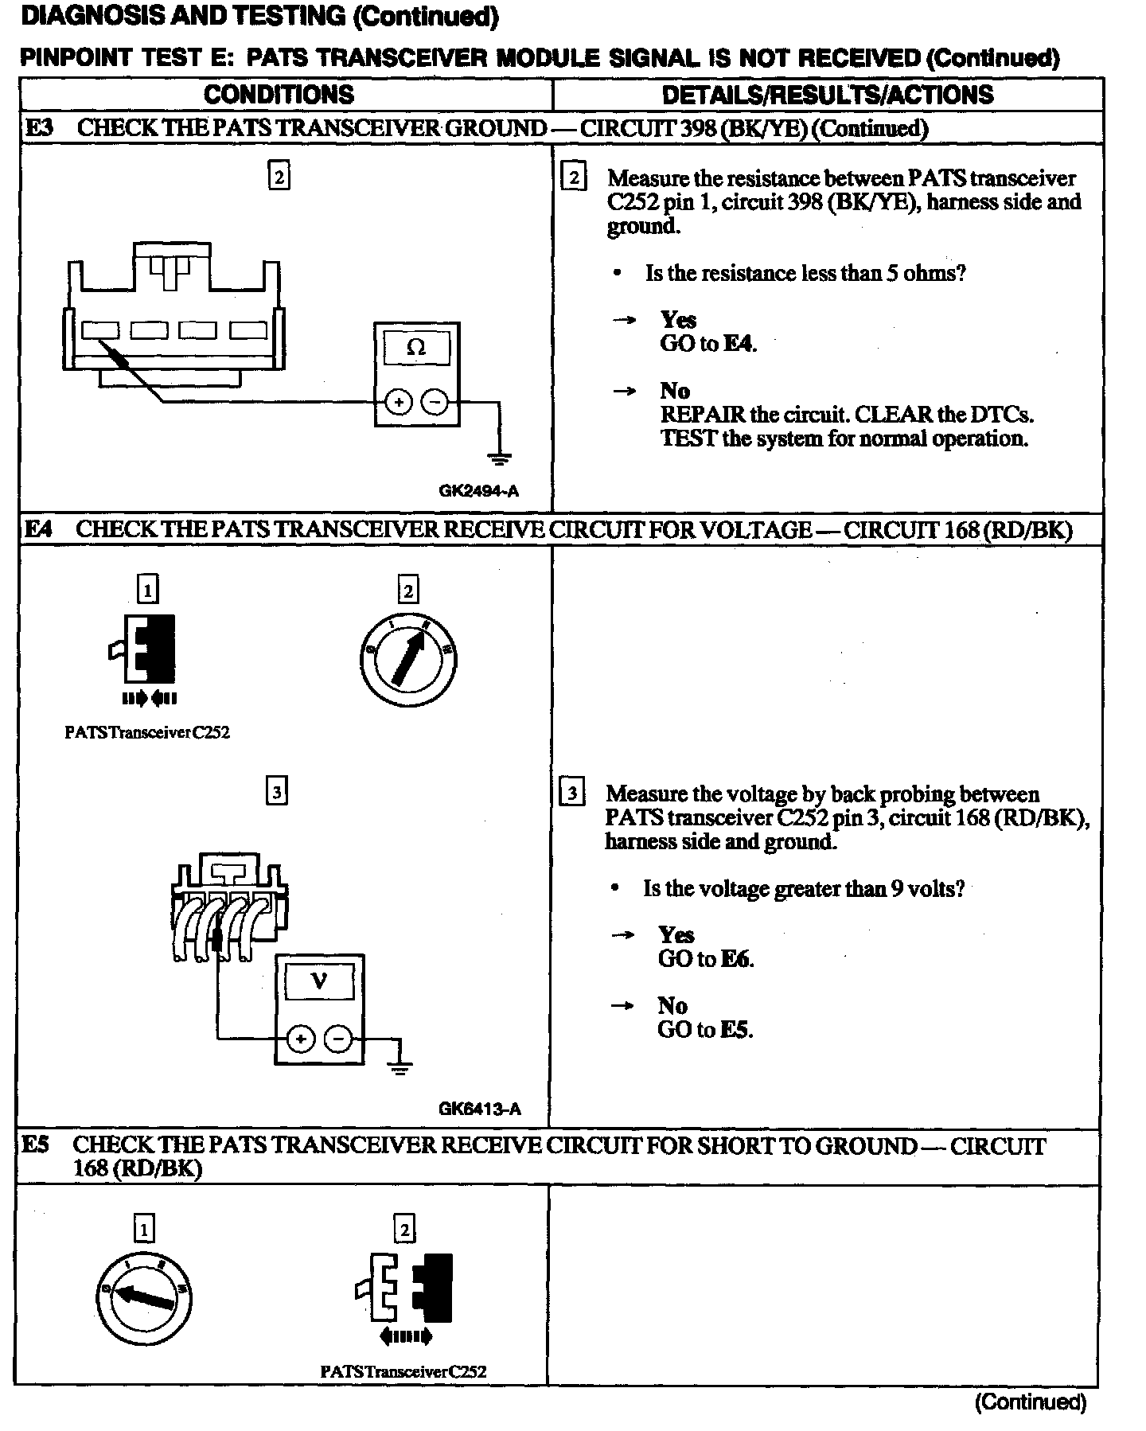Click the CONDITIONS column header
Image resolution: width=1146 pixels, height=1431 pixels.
[x=279, y=95]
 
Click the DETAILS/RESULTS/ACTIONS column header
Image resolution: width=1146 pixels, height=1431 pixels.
[x=828, y=95]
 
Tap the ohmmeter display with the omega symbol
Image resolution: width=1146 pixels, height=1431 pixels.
[x=416, y=348]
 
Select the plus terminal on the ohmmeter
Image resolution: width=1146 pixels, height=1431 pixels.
[x=398, y=403]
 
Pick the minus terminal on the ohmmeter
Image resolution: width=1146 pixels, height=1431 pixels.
[x=435, y=403]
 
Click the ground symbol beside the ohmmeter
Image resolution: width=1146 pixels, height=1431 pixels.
[x=500, y=458]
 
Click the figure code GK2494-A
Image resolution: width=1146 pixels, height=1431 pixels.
[x=478, y=491]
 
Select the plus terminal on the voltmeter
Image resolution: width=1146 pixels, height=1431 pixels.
[x=300, y=1039]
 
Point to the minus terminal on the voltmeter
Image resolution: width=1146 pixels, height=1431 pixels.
[x=338, y=1039]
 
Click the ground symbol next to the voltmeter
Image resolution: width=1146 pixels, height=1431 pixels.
[x=400, y=1067]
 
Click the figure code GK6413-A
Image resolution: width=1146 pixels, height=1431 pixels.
[x=479, y=1109]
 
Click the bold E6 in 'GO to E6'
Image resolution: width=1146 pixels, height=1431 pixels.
[x=738, y=959]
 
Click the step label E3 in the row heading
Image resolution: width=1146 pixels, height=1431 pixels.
[x=38, y=128]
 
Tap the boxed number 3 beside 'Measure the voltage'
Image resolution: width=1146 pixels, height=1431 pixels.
[x=572, y=793]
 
